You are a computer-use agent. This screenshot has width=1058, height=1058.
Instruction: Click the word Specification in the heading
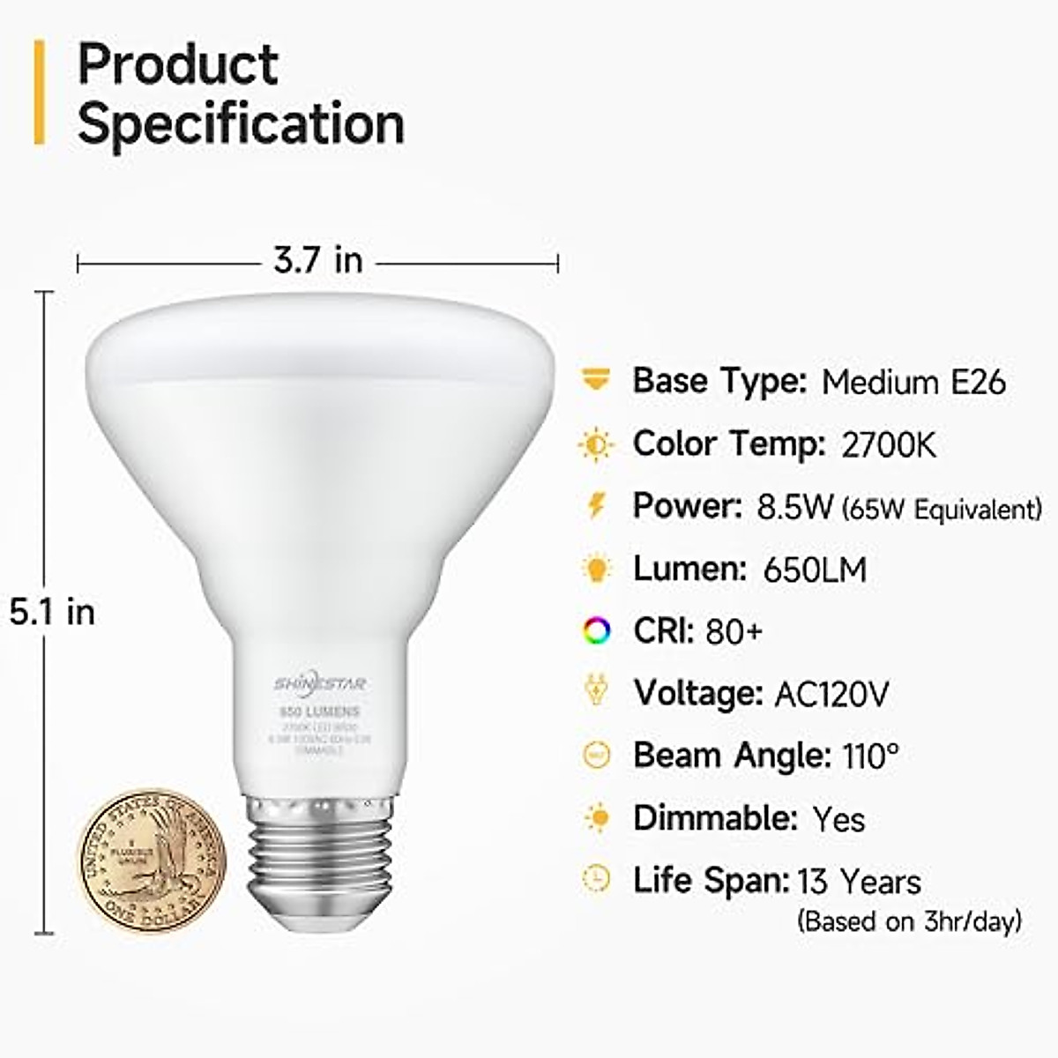point(241,123)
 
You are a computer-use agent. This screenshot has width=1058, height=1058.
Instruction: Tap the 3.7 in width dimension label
point(317,261)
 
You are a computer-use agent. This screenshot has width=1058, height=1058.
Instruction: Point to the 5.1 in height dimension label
point(52,612)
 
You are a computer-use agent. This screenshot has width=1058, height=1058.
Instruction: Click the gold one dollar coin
point(154,856)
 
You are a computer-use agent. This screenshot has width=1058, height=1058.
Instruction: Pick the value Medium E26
point(913,382)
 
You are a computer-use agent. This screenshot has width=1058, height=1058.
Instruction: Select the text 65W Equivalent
point(942,510)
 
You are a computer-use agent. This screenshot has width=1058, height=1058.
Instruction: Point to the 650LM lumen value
point(815,570)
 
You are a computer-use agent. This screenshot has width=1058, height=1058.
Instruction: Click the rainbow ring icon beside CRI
point(597,631)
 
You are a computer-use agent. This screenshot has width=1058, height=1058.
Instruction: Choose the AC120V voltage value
point(831,695)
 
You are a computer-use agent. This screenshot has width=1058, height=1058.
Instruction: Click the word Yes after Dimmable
point(838,819)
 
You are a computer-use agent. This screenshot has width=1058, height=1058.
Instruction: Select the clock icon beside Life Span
point(597,879)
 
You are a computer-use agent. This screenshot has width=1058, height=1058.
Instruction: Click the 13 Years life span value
point(859,882)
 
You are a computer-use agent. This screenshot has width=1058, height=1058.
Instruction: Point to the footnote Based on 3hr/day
point(909,921)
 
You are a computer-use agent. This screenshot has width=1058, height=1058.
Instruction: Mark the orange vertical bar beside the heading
point(39,92)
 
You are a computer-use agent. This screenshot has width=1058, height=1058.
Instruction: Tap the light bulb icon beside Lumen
point(597,569)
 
